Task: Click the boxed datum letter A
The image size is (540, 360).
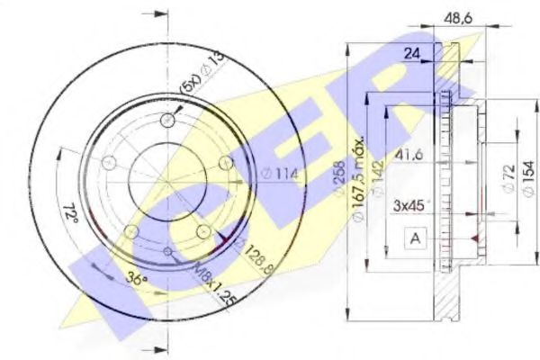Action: (415, 238)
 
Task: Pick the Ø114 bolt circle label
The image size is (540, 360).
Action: (279, 174)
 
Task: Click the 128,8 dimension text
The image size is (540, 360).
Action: (256, 255)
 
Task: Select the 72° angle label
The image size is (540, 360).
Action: (72, 215)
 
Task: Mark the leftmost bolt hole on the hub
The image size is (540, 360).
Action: (109, 164)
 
